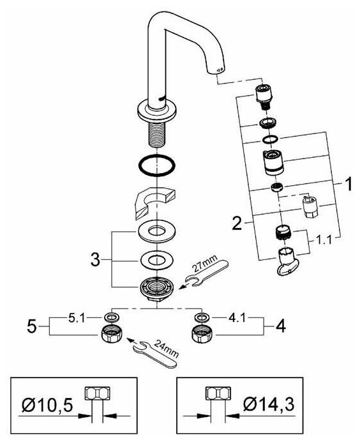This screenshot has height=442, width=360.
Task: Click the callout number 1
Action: (x=349, y=184)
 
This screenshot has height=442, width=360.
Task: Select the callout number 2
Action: (x=237, y=223)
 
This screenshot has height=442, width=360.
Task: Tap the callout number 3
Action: (x=96, y=259)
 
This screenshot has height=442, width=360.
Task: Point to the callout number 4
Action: (x=281, y=326)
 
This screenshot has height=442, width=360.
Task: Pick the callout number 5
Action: (x=32, y=326)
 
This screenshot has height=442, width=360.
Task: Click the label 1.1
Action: (x=323, y=240)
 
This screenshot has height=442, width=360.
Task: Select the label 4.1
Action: (x=237, y=318)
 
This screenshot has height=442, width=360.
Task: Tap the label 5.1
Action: (x=76, y=318)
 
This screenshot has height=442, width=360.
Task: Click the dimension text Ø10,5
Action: (x=47, y=406)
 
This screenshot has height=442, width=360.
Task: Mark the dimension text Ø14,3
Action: (x=269, y=404)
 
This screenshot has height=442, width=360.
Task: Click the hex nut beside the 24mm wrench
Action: (x=111, y=334)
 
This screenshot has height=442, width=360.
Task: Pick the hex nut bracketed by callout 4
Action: (x=202, y=334)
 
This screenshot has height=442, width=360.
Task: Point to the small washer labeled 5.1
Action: (x=111, y=317)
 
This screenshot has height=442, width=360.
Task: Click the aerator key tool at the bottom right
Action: (x=286, y=261)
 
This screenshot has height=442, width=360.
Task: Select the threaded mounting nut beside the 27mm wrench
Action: (x=157, y=289)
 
